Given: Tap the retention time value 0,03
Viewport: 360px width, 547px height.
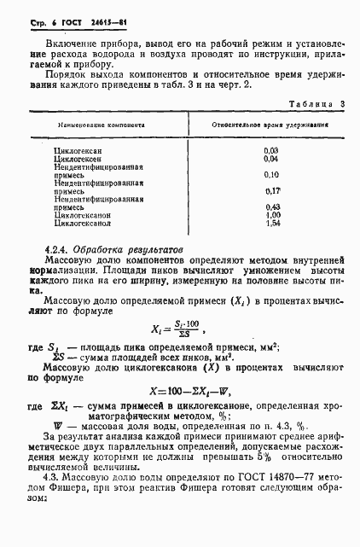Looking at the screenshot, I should [x=272, y=150].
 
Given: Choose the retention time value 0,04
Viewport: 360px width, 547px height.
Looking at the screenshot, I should [x=272, y=159].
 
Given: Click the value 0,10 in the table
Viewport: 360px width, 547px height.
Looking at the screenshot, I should [x=272, y=174].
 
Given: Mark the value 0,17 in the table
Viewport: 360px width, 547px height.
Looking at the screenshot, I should [x=273, y=190].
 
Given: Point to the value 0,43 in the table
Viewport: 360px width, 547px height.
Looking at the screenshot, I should [x=273, y=207].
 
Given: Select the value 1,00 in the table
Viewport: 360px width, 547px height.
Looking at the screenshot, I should [x=273, y=215].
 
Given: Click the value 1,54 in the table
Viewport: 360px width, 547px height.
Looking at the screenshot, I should [x=273, y=224].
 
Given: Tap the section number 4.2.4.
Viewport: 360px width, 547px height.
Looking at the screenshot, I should [x=59, y=249].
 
